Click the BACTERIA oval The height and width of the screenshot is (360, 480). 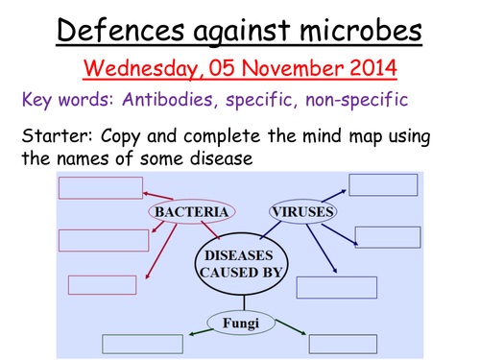click(189, 210)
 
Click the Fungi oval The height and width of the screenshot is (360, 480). click(240, 323)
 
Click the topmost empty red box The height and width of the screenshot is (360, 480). click(100, 187)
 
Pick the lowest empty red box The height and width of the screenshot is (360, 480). click(102, 284)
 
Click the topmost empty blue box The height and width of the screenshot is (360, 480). click(383, 184)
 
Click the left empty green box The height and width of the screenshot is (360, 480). click(142, 343)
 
